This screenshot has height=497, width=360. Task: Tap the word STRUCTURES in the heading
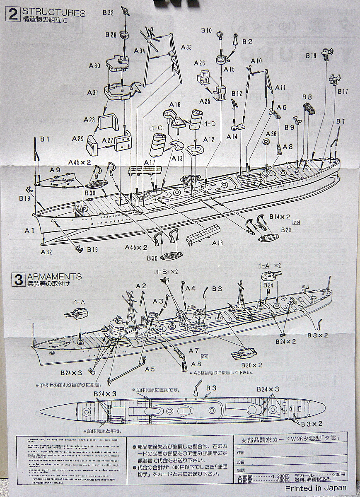pyautogui.click(x=53, y=13)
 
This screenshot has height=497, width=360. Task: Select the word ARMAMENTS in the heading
pyautogui.click(x=54, y=276)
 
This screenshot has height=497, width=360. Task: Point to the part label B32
pyautogui.click(x=108, y=13)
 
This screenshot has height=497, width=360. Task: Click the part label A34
pyautogui.click(x=140, y=51)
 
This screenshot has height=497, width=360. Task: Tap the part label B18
pyautogui.click(x=312, y=55)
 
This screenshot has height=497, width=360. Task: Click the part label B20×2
pyautogui.click(x=251, y=365)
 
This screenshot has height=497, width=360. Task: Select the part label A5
pyautogui.click(x=150, y=369)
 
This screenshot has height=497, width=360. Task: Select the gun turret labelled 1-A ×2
pyautogui.click(x=269, y=276)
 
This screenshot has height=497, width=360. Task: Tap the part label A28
pyautogui.click(x=89, y=119)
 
